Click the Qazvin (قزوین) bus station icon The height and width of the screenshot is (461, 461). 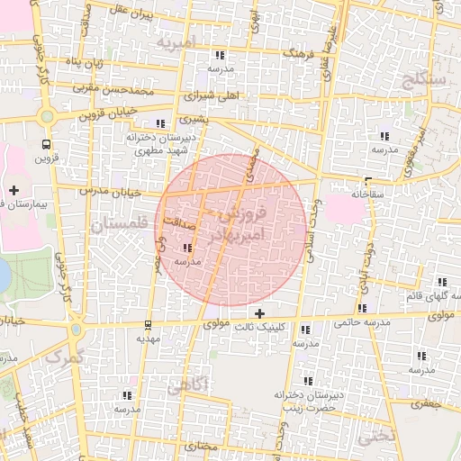45,144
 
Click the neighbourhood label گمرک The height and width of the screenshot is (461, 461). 62,357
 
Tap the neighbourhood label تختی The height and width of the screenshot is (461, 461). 376,438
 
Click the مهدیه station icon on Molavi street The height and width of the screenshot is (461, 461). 148,325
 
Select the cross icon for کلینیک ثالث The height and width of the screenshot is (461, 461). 261,314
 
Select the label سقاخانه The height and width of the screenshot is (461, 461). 368,193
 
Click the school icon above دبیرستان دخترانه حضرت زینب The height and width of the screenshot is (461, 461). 309,381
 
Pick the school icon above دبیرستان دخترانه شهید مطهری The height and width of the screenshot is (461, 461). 160,123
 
